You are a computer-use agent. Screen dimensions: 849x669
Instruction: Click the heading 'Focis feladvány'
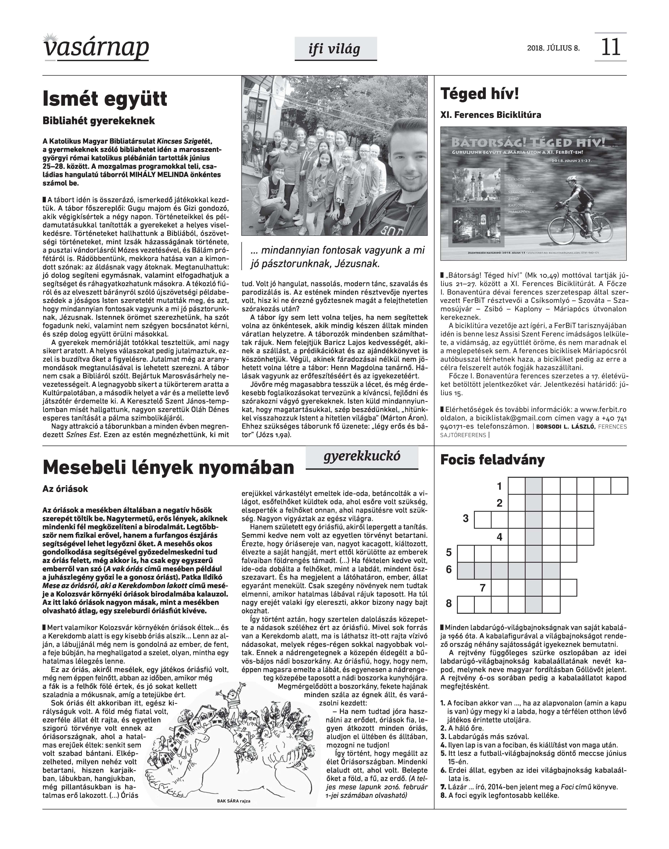(x=492, y=460)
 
